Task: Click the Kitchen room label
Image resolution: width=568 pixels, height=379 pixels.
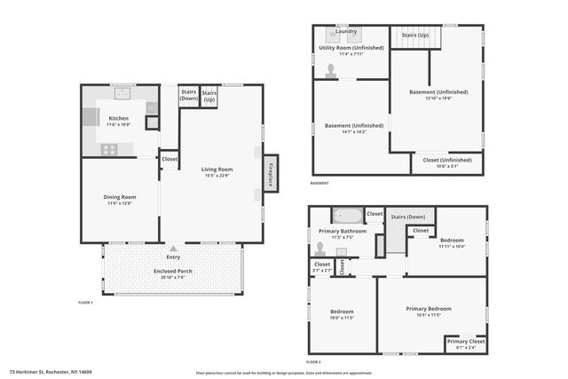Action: (x=118, y=118)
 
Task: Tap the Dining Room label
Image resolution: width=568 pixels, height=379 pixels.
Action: (x=118, y=196)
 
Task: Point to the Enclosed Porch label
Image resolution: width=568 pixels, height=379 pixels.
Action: (x=172, y=271)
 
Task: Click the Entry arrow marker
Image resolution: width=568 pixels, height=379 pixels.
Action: (x=172, y=251)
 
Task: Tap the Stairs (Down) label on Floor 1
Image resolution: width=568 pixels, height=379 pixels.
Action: (x=188, y=94)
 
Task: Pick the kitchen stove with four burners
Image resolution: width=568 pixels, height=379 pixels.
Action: (x=109, y=149)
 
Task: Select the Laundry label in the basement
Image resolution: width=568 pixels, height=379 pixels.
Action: (x=346, y=31)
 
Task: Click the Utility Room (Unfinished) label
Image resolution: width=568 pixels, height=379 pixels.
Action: (x=351, y=49)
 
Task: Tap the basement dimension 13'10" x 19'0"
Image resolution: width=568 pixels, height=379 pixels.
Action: (x=438, y=99)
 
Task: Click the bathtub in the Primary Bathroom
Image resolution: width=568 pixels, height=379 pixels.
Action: (x=347, y=216)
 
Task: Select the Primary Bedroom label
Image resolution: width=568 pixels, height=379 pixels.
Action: (x=430, y=308)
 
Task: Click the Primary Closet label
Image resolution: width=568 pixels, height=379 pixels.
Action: (x=465, y=342)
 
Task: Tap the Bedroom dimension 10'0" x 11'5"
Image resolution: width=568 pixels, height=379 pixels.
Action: (x=342, y=317)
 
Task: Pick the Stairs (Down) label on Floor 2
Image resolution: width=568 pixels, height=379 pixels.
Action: (x=408, y=217)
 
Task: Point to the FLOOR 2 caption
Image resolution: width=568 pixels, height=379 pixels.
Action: (x=313, y=362)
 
